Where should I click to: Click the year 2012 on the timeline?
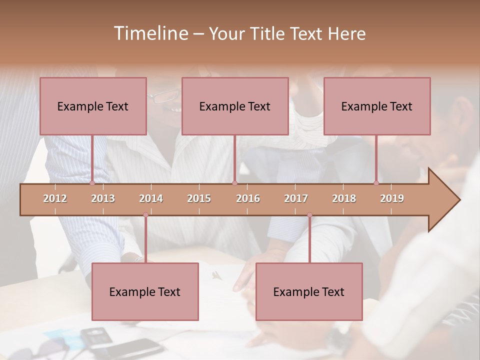[x=55, y=198]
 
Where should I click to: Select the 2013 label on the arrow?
[x=103, y=198]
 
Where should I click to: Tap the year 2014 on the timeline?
[x=151, y=198]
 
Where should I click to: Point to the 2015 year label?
[x=199, y=198]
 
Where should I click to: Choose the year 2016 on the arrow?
[x=248, y=198]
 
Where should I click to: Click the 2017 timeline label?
[x=296, y=198]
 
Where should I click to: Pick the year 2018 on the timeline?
[x=344, y=198]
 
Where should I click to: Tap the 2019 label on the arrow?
[x=392, y=198]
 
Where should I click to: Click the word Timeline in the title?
[x=150, y=33]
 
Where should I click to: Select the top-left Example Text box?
[x=93, y=106]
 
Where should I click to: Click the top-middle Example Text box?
[x=235, y=106]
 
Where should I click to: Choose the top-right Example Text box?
[x=377, y=106]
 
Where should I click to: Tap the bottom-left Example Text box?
[x=145, y=291]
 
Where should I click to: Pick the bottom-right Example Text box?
[x=309, y=291]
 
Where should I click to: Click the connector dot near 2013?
[x=92, y=183]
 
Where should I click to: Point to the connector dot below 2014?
[x=145, y=215]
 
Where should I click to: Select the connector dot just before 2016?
[x=234, y=183]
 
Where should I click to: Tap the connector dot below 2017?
[x=309, y=215]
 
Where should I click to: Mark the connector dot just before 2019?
[x=376, y=183]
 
